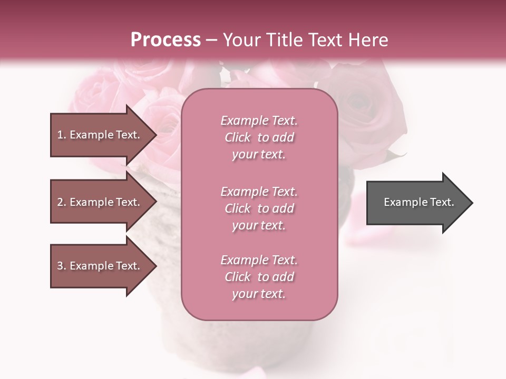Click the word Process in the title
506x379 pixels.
(x=166, y=40)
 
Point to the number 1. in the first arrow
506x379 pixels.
(x=62, y=135)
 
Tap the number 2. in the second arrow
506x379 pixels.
(x=62, y=202)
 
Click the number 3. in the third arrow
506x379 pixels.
(x=62, y=266)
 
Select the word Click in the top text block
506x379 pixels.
(x=238, y=137)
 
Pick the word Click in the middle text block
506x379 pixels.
(x=238, y=208)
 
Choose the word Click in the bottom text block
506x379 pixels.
(x=238, y=277)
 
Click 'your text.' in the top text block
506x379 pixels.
(x=259, y=155)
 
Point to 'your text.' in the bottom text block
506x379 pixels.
(x=259, y=294)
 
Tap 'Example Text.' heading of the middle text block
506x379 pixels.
(x=259, y=191)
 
